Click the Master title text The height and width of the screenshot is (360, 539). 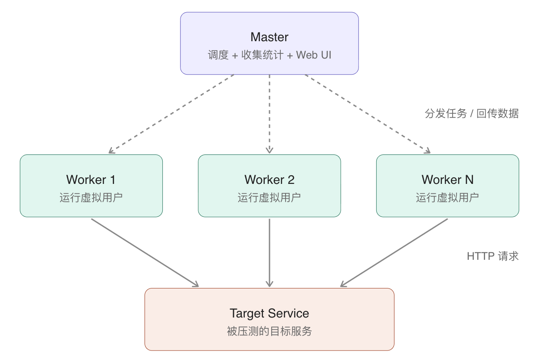tap(269, 37)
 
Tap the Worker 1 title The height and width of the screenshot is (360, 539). tap(91, 180)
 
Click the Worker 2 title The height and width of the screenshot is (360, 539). tap(269, 180)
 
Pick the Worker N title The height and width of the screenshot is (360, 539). tap(447, 180)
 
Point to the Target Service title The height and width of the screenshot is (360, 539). tap(269, 313)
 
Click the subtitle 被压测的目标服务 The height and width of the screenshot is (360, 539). tap(269, 332)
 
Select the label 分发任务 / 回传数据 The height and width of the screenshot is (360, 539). tap(471, 114)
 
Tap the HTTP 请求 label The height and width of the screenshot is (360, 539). tap(493, 256)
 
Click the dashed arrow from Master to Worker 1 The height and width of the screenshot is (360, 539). tap(171, 114)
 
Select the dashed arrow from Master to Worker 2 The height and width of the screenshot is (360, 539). tap(269, 114)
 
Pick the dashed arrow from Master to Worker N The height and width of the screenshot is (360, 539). tap(367, 114)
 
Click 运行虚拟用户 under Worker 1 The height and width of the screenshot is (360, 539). tap(91, 198)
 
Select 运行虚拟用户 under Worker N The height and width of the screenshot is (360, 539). tap(447, 198)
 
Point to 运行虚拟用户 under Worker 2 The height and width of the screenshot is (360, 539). tap(269, 198)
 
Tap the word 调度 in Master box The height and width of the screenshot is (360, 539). tap(218, 56)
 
